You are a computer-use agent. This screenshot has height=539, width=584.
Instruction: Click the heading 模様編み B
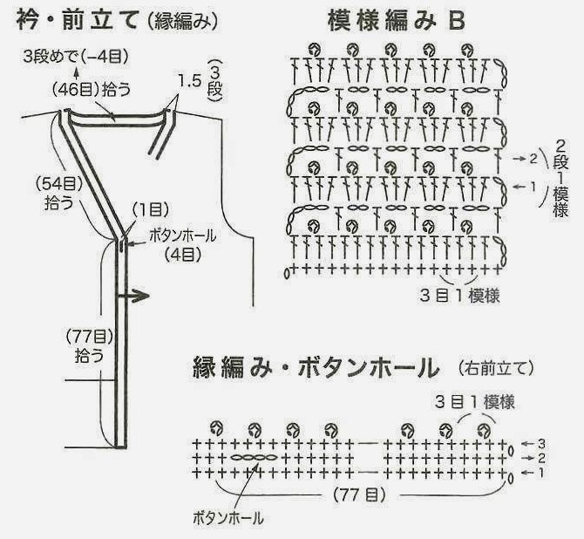[x=397, y=21]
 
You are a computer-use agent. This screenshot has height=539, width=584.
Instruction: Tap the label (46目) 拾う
[x=92, y=90]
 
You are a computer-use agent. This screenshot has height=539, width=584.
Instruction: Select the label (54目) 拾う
[x=59, y=193]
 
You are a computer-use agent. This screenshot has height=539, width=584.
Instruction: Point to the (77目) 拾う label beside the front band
[x=90, y=346]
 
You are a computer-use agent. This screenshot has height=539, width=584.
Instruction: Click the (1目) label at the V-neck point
[x=151, y=210]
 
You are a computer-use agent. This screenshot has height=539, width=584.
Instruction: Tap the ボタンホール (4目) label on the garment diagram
[x=182, y=245]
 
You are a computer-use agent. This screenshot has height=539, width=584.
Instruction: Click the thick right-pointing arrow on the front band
[x=133, y=296]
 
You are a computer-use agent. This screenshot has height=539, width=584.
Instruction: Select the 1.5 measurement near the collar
[x=189, y=81]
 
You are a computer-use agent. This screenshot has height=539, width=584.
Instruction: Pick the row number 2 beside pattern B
[x=533, y=159]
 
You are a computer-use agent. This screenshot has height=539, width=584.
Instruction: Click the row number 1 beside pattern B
[x=533, y=186]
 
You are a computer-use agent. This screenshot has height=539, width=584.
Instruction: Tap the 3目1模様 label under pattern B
[x=459, y=296]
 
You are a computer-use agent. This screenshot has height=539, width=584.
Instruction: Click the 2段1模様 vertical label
[x=560, y=178]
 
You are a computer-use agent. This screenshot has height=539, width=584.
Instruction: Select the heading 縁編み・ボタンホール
[x=316, y=368]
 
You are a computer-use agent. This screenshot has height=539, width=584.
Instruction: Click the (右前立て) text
[x=496, y=368]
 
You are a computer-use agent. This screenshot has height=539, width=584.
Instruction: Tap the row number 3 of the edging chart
[x=541, y=444]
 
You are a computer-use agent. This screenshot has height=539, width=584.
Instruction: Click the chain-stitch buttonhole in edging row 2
[x=254, y=457]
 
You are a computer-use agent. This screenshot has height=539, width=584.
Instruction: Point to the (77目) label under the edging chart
[x=360, y=495]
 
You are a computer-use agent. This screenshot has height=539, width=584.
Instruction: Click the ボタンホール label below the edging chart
[x=228, y=518]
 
